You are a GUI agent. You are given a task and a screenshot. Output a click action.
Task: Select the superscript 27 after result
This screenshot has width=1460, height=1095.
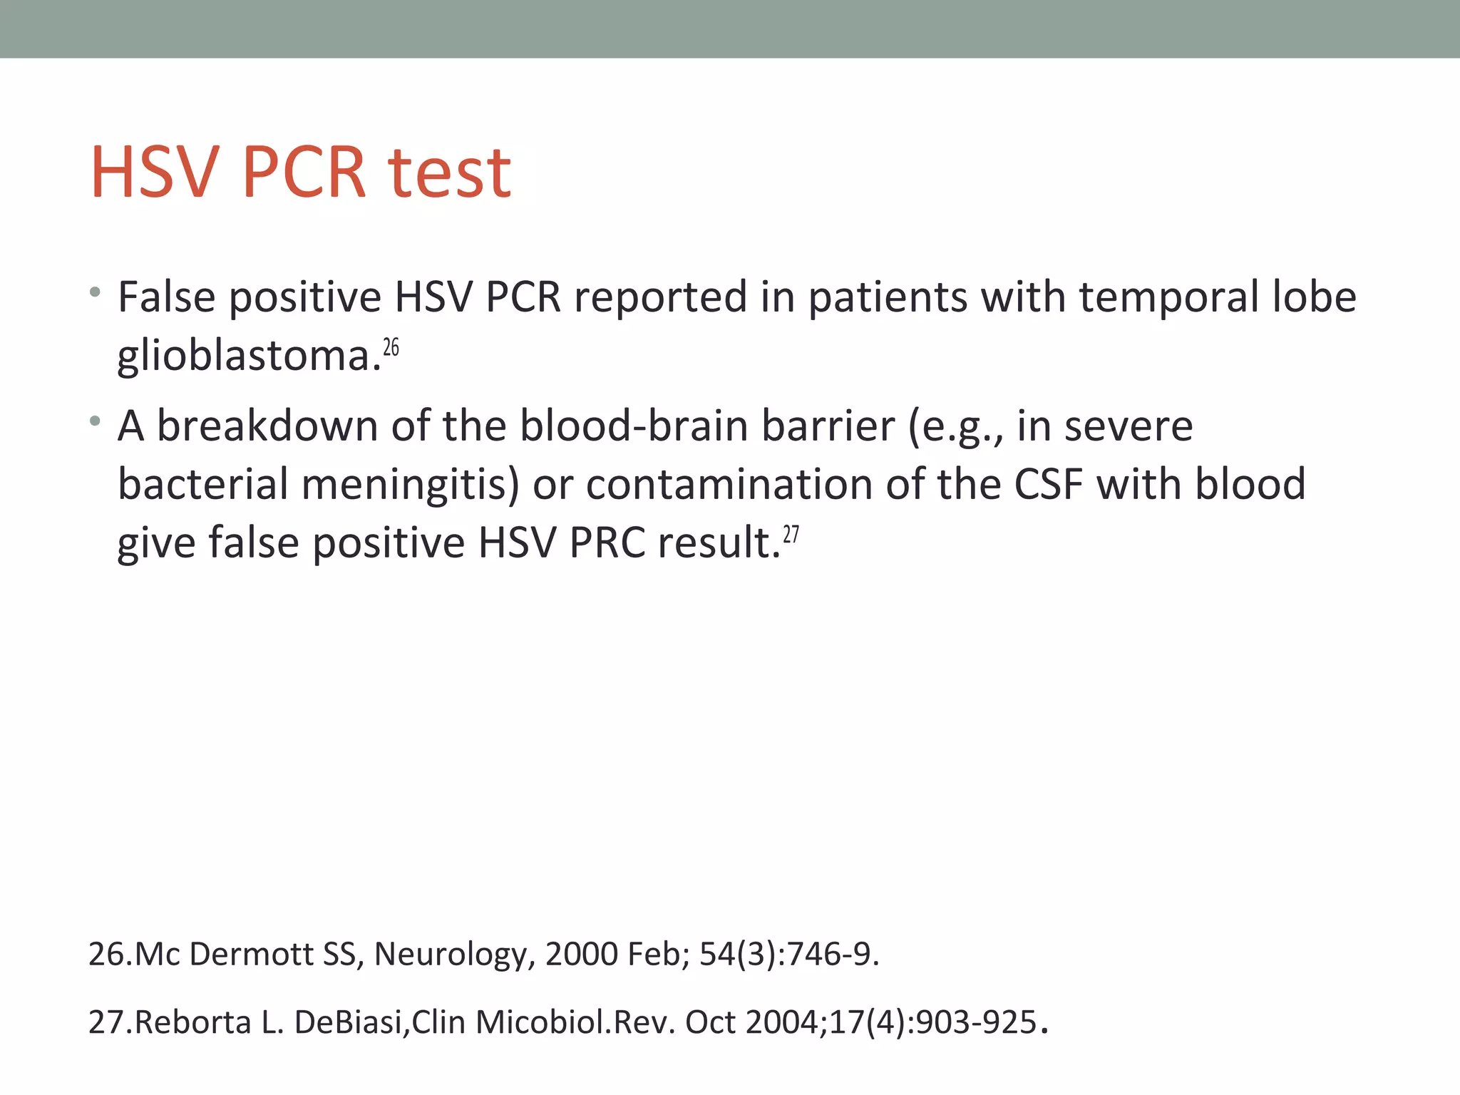791,534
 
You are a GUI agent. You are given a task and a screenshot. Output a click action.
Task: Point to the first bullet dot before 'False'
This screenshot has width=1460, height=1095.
95,292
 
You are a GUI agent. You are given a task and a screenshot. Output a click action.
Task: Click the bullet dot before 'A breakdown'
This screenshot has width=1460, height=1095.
95,421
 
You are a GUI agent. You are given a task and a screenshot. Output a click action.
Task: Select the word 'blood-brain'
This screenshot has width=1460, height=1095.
634,426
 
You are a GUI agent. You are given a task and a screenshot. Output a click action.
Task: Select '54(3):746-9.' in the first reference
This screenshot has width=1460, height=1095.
789,954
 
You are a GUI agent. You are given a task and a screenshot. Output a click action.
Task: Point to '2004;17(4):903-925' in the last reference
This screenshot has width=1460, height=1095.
891,1022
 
